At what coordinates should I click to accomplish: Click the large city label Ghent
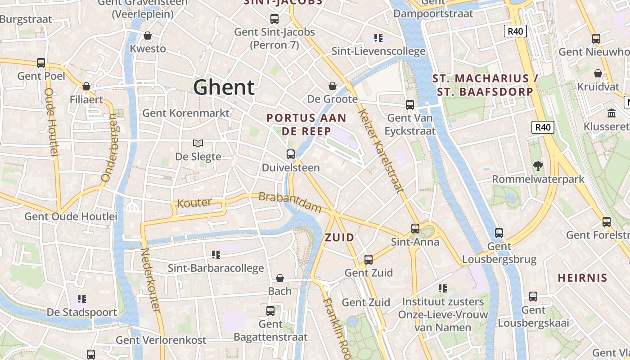224,87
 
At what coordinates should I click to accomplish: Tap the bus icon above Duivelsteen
291,154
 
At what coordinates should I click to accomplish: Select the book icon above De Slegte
198,144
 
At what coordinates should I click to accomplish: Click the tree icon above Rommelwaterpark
538,166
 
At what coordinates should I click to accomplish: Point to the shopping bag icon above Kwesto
148,36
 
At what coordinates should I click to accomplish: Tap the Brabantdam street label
290,202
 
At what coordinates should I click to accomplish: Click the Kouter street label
194,203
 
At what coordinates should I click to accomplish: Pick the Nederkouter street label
150,280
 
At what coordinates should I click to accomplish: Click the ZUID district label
339,238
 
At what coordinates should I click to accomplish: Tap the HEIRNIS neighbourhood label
582,278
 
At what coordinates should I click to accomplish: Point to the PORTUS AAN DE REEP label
306,125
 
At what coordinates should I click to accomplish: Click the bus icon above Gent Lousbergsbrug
499,233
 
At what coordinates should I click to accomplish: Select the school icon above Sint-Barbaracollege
216,255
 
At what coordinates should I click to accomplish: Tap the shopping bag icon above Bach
280,278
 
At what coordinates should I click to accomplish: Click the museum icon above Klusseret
611,113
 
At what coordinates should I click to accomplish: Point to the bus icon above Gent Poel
41,63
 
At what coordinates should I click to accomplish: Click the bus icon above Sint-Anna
415,229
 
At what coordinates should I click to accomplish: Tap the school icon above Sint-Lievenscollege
378,38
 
